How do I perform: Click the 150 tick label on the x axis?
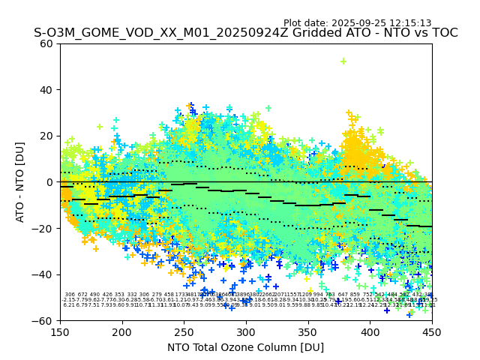[x=60, y=331]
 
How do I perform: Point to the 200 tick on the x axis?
[x=122, y=331]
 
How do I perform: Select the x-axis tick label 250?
[x=184, y=331]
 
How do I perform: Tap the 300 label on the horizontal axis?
[x=246, y=331]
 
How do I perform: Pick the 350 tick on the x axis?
[x=308, y=331]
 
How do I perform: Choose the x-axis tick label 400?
[x=370, y=331]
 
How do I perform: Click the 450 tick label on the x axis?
[x=432, y=331]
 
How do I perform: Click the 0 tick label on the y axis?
[x=51, y=182]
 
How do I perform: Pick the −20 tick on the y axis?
[x=45, y=228]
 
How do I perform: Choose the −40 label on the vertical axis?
[x=45, y=274]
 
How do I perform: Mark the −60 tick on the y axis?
[x=45, y=320]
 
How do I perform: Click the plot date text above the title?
[x=357, y=23]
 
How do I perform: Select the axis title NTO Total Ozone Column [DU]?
[x=246, y=347]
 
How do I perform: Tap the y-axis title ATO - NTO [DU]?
[x=20, y=182]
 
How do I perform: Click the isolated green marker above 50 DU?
[x=343, y=61]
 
